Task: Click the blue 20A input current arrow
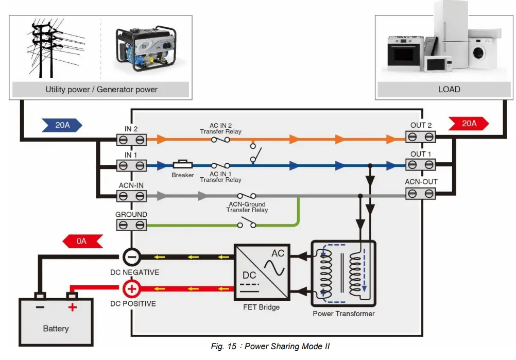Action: pyautogui.click(x=62, y=125)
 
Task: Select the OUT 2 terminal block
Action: pyautogui.click(x=421, y=137)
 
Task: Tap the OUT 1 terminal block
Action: pyautogui.click(x=421, y=165)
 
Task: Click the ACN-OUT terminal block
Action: pyautogui.click(x=421, y=194)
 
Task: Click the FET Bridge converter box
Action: pyautogui.click(x=261, y=272)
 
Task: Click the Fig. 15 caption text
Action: pyautogui.click(x=270, y=346)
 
